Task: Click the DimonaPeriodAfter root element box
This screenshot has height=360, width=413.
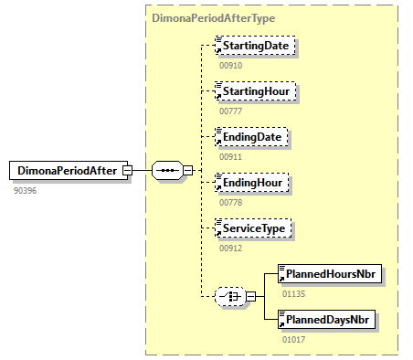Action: pyautogui.click(x=69, y=170)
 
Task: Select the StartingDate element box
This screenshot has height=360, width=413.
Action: pyautogui.click(x=255, y=46)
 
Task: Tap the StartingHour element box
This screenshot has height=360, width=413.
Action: pyautogui.click(x=255, y=91)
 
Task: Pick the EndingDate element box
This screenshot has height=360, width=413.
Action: pyautogui.click(x=251, y=137)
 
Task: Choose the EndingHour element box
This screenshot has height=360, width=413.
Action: pyautogui.click(x=251, y=183)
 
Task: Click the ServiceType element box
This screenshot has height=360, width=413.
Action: pyautogui.click(x=253, y=228)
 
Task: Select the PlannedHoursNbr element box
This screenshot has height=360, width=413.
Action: pyautogui.click(x=330, y=274)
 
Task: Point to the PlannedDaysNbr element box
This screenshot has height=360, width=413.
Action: pyautogui.click(x=326, y=320)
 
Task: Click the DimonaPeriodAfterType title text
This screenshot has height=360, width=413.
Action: pyautogui.click(x=214, y=18)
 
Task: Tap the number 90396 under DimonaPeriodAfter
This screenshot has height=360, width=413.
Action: pyautogui.click(x=25, y=191)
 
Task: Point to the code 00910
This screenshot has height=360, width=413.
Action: pyautogui.click(x=231, y=66)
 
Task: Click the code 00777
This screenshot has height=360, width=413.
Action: pyautogui.click(x=231, y=111)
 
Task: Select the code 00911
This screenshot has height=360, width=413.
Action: pyautogui.click(x=231, y=157)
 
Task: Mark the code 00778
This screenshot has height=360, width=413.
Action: pyautogui.click(x=231, y=203)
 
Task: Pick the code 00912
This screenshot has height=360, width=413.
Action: pyautogui.click(x=231, y=249)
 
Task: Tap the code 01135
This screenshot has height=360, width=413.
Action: pyautogui.click(x=293, y=294)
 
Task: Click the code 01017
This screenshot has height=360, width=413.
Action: pyautogui.click(x=293, y=340)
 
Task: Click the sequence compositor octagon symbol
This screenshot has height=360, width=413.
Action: pyautogui.click(x=167, y=170)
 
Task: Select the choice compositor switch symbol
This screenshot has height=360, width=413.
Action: pyautogui.click(x=230, y=296)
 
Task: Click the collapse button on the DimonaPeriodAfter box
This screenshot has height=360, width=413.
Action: pyautogui.click(x=127, y=170)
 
